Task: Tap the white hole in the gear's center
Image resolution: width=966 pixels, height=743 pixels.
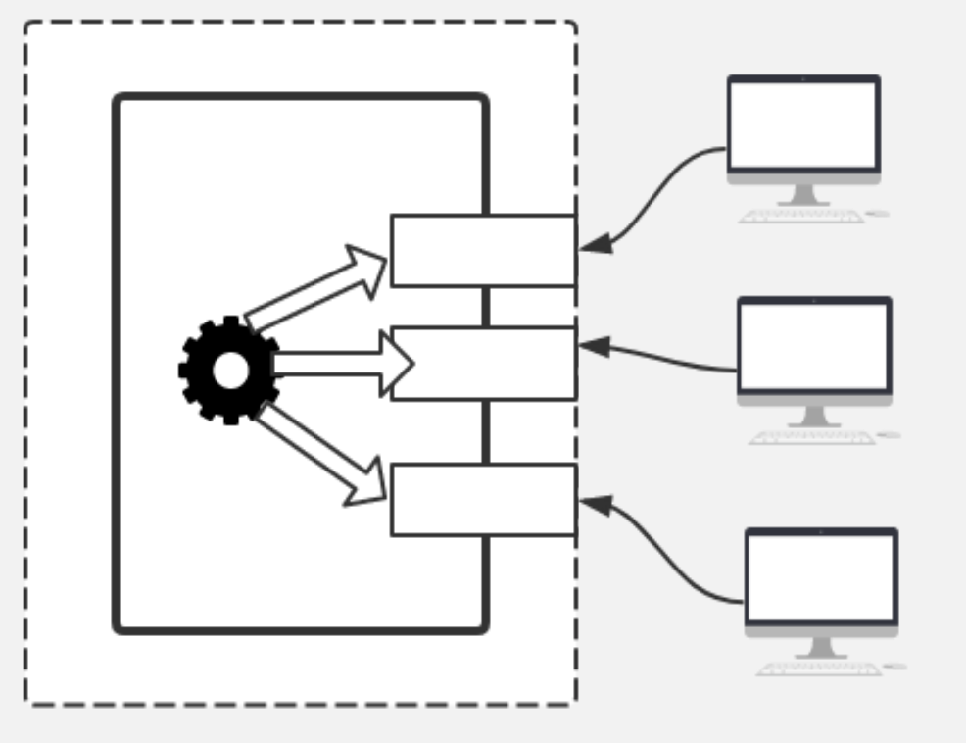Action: tap(230, 370)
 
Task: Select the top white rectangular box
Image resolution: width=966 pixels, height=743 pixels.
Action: tap(483, 251)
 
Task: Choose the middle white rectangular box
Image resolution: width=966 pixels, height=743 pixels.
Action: tap(483, 364)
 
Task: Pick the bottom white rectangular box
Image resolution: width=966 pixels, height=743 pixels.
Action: tap(483, 500)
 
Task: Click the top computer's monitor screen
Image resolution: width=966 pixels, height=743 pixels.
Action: tap(803, 125)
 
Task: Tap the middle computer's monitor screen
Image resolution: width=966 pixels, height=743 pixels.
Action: tap(814, 346)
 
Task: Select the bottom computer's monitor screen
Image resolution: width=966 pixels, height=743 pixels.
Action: tap(821, 577)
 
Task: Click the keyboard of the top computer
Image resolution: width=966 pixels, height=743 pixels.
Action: tap(801, 216)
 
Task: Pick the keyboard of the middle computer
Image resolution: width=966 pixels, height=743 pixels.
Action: tap(811, 437)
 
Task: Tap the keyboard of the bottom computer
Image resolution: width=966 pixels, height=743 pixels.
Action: tap(819, 669)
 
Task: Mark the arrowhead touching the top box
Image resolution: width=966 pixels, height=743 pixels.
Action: tap(596, 245)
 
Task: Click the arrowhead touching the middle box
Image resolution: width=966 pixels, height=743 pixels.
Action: tap(595, 346)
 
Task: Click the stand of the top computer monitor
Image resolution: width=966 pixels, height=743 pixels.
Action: tap(803, 193)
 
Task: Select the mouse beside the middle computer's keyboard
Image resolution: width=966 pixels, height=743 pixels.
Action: tap(889, 434)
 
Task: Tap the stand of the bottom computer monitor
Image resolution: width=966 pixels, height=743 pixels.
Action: tap(821, 647)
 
